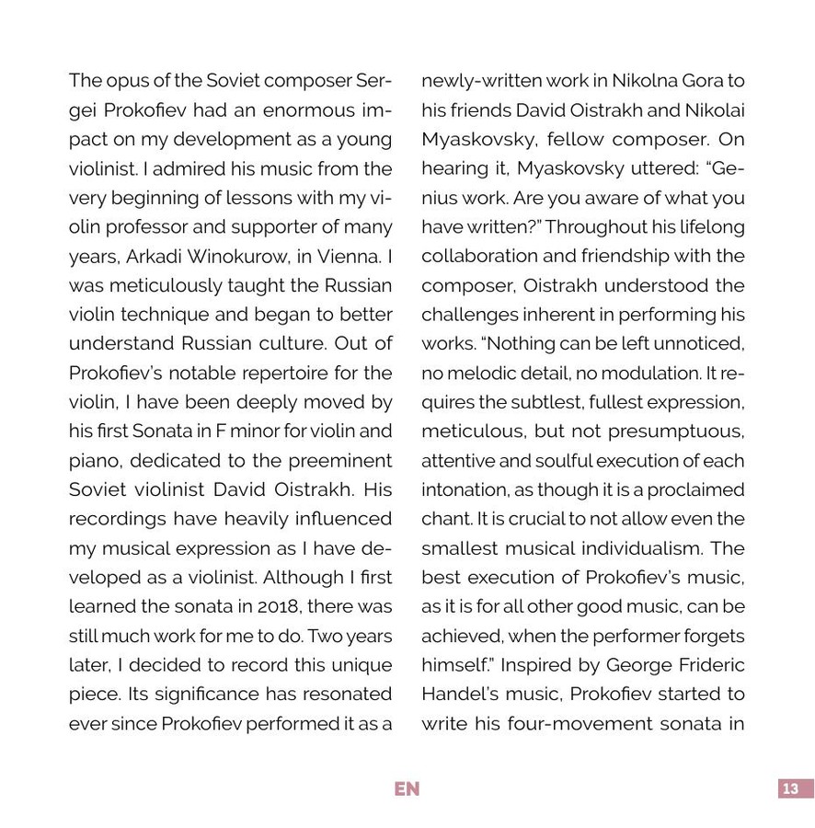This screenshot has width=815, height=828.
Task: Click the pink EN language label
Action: [x=407, y=789]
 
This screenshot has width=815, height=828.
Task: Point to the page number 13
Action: [x=790, y=789]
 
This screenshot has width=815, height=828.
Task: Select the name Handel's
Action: [x=460, y=694]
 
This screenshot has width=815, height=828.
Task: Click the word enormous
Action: [x=297, y=110]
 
